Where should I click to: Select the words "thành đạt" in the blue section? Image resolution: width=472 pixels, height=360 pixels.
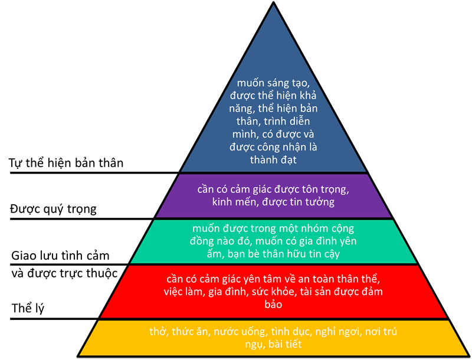pos(273,159)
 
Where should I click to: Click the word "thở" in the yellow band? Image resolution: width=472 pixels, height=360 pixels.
pos(159,332)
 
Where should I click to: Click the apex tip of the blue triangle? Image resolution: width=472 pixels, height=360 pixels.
pos(273,6)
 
